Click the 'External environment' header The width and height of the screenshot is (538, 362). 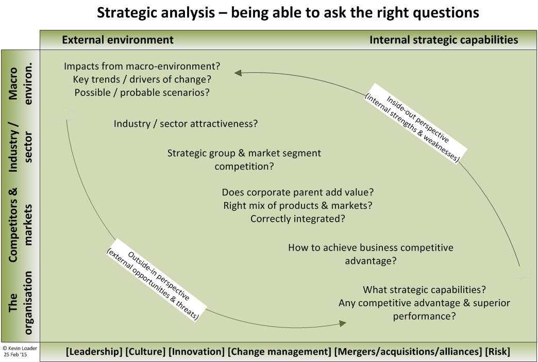tap(117, 40)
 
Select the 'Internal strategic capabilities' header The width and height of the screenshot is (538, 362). tap(444, 40)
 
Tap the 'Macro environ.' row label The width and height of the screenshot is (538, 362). tap(20, 84)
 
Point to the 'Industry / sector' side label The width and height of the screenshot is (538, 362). tap(20, 146)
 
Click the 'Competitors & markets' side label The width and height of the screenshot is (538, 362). tap(20, 225)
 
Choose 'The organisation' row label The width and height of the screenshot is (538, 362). tap(20, 303)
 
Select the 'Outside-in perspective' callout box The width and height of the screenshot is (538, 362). tap(156, 280)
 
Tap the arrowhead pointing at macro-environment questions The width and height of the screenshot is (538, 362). tap(238, 73)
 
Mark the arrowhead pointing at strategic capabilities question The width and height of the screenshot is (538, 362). tap(342, 323)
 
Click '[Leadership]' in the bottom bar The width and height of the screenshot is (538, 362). tap(94, 352)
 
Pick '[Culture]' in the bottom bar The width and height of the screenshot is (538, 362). tap(145, 352)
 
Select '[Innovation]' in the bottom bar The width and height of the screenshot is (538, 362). tap(197, 352)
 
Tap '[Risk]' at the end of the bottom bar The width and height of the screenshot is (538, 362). tap(497, 352)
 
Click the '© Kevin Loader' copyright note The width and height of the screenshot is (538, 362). tap(20, 348)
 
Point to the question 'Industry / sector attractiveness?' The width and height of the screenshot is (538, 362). tap(186, 124)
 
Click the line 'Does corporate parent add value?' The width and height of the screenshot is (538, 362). tap(297, 192)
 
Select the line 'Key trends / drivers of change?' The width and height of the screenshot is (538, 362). tap(142, 79)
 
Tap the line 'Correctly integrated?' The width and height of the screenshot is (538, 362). tap(297, 219)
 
